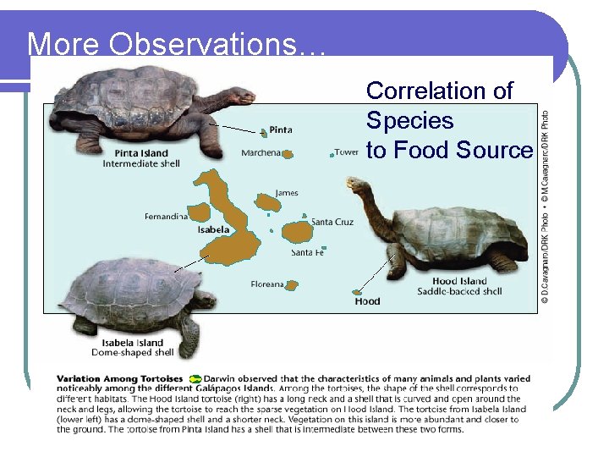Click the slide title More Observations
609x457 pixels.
point(176,44)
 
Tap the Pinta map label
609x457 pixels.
point(281,130)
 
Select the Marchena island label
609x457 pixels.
point(261,153)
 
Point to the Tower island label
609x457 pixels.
point(347,152)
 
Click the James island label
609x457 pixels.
point(287,193)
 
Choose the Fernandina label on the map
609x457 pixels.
point(166,217)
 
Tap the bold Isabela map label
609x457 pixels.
point(213,229)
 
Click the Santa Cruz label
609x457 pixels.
point(332,222)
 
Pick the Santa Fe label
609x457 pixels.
point(307,252)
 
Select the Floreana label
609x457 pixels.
point(267,284)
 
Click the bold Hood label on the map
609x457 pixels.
point(367,301)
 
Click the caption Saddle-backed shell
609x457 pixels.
point(459,292)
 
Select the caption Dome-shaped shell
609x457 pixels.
point(132,353)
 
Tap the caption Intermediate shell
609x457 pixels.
point(141,163)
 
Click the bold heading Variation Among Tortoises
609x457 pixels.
point(119,378)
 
